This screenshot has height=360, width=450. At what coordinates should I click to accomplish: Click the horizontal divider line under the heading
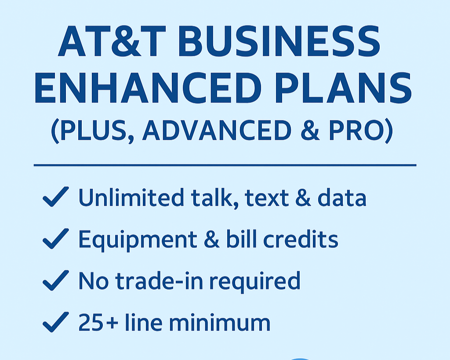[x=225, y=165]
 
